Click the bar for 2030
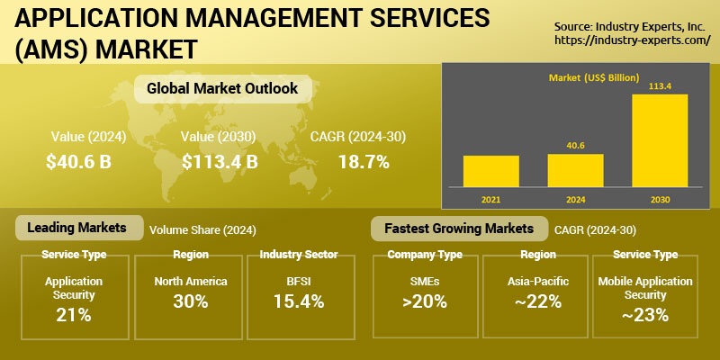[660, 139]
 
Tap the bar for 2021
[490, 170]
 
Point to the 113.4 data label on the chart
[660, 86]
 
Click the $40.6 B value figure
[79, 162]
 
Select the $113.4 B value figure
[220, 162]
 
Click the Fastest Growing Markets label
[458, 228]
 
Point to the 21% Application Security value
[75, 315]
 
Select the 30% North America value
[190, 301]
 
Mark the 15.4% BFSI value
[298, 301]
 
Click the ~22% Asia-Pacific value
[537, 301]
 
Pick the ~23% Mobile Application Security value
[645, 315]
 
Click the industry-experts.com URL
[632, 40]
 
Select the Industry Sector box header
[298, 255]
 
